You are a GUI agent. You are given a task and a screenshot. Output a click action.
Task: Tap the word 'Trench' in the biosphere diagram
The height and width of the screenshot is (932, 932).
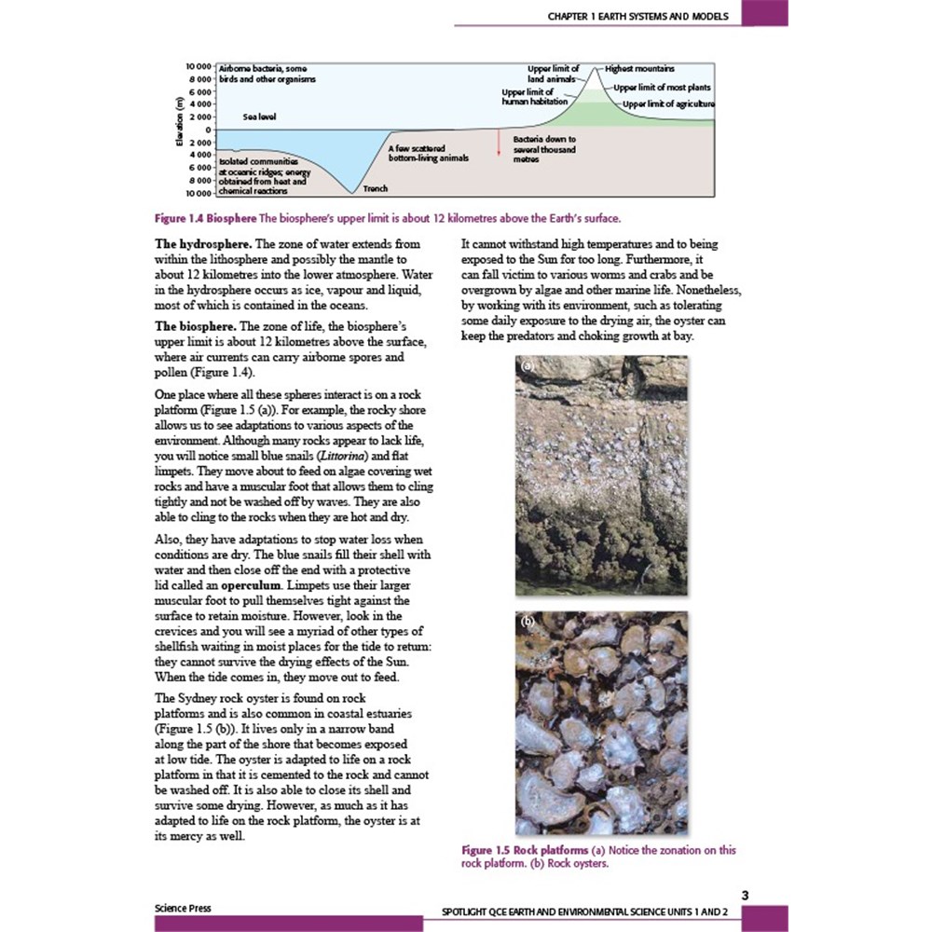click(x=376, y=189)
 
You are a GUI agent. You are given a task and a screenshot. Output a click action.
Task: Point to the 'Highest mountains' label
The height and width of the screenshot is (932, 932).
click(x=640, y=69)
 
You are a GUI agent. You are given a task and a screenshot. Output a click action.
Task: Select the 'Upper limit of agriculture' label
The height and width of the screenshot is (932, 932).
click(x=668, y=103)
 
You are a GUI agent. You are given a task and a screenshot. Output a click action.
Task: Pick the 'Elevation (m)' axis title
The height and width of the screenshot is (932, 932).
click(x=178, y=128)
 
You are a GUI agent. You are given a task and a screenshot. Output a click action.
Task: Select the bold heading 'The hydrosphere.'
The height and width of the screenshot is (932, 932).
click(x=199, y=244)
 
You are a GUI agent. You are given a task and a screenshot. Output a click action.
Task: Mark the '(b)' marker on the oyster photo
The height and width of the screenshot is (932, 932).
click(x=526, y=622)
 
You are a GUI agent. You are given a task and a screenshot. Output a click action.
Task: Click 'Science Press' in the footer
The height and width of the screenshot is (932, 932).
click(x=183, y=907)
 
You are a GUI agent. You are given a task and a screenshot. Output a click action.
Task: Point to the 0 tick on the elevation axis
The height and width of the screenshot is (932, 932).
click(x=210, y=130)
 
